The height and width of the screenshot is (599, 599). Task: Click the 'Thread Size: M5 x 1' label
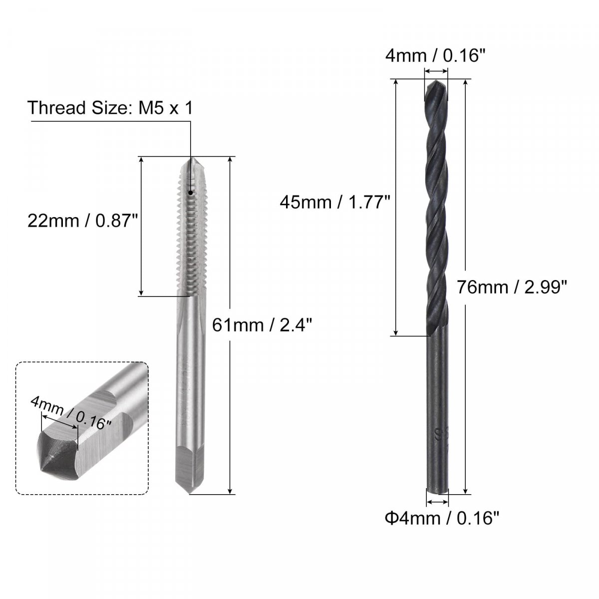[x=110, y=108]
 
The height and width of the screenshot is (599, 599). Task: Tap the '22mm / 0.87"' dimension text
[x=83, y=221]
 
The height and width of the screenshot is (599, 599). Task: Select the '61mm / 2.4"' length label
[x=262, y=325]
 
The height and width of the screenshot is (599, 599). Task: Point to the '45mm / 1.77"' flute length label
[x=335, y=202]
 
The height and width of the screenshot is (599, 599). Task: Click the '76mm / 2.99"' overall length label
[x=512, y=287]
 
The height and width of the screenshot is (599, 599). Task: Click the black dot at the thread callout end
[x=190, y=193]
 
